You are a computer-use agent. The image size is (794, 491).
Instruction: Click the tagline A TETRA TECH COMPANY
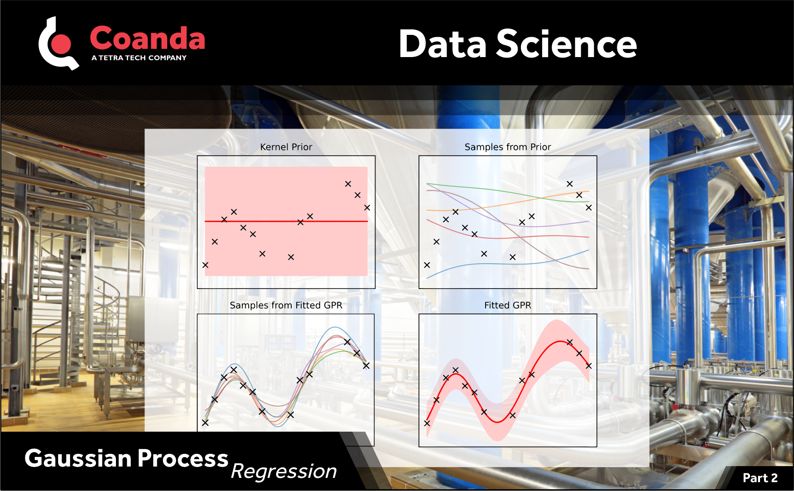[x=139, y=58]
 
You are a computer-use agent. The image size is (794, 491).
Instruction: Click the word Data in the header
[x=443, y=44]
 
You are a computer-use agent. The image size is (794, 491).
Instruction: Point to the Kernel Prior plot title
[x=286, y=147]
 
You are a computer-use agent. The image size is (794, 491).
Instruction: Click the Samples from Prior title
[x=507, y=147]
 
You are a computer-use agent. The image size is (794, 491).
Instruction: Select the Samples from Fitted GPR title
[x=286, y=305]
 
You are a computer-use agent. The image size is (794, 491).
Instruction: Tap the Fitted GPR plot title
[x=507, y=305]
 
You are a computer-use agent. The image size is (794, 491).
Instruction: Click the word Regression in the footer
[x=284, y=472]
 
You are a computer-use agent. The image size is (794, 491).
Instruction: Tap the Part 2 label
[x=760, y=478]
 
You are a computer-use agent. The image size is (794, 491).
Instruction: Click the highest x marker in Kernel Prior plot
[x=348, y=184]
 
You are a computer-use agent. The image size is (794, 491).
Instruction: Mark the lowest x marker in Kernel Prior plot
[x=205, y=265]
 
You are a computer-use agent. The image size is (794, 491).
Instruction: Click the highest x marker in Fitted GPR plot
[x=570, y=342]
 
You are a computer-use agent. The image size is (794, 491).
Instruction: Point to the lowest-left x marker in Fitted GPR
[x=427, y=423]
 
